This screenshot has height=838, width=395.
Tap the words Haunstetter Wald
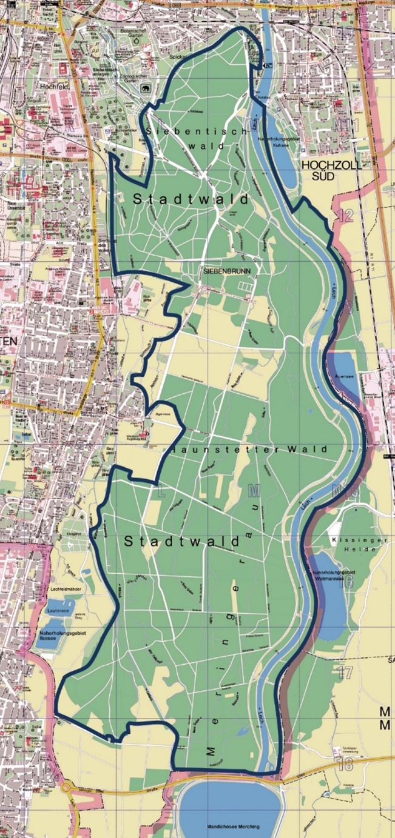(x=249, y=449)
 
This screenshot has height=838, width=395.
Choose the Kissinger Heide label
(x=354, y=544)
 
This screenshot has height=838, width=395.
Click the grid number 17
(x=345, y=671)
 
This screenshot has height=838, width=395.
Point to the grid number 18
(x=345, y=765)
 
